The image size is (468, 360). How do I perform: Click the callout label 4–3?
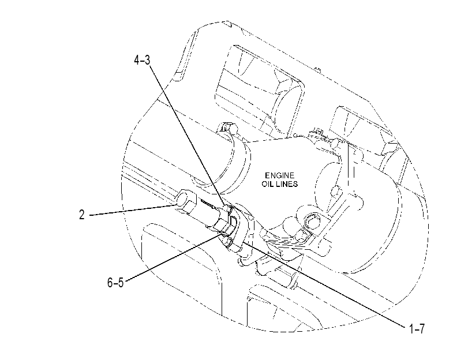[x=142, y=61]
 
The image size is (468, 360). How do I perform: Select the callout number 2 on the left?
[x=82, y=215]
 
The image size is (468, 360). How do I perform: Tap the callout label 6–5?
[x=115, y=282]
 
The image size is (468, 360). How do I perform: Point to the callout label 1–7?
[x=417, y=329]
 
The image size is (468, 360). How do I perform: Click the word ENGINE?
[x=280, y=175]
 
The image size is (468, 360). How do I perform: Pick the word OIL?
[x=268, y=184]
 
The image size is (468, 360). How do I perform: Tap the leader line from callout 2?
[x=133, y=210]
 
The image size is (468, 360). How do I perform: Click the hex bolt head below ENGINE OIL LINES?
[x=310, y=221]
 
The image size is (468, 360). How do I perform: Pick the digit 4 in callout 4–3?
[x=137, y=61]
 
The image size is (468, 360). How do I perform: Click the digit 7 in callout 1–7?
[x=421, y=329]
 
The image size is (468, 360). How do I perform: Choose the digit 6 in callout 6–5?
[x=110, y=282]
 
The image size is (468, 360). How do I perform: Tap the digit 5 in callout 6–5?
[x=121, y=282]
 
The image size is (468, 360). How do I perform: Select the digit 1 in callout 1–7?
[x=411, y=329]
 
